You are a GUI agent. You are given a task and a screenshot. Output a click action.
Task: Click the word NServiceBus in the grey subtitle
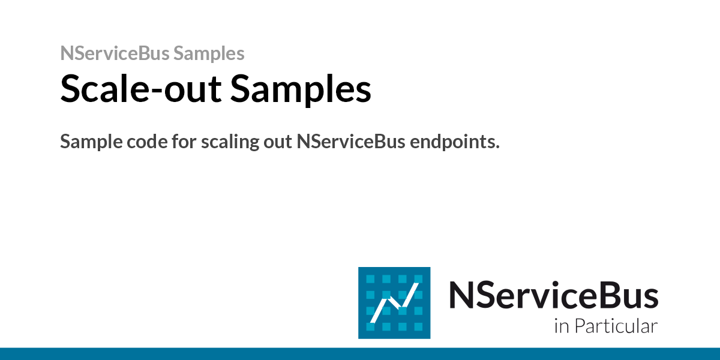115,53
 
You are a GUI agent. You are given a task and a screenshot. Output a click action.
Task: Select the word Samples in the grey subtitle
209,53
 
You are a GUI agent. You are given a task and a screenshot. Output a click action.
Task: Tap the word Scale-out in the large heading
141,89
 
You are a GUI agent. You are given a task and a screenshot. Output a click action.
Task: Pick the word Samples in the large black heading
301,89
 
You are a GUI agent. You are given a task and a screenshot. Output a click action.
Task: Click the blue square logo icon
394,302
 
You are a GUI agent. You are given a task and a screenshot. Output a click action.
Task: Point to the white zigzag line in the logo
394,304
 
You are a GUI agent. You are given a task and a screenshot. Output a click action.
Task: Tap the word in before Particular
562,327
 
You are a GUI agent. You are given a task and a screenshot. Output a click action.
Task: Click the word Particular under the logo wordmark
616,327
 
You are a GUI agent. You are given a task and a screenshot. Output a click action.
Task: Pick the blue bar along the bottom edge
360,353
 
